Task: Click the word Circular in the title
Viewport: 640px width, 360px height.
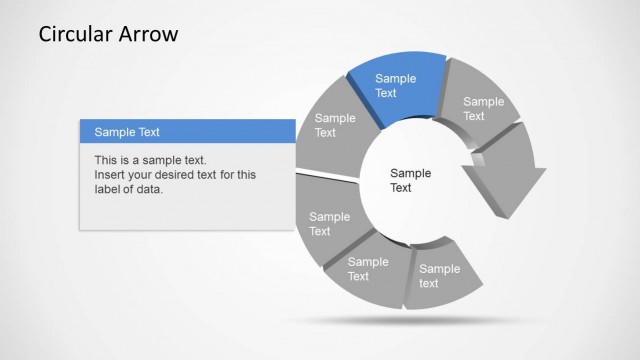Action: tap(75, 34)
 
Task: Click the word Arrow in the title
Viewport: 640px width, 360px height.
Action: tap(148, 34)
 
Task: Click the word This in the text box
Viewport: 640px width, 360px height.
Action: tap(106, 160)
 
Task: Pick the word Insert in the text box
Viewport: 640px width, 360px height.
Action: tap(109, 175)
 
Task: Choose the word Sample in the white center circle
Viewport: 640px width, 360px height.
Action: tap(410, 173)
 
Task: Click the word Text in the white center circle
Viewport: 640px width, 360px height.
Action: tap(401, 188)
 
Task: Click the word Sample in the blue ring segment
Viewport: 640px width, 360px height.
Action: tap(395, 78)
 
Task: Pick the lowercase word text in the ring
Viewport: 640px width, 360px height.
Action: tap(429, 284)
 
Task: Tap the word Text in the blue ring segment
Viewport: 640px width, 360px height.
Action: tap(386, 93)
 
